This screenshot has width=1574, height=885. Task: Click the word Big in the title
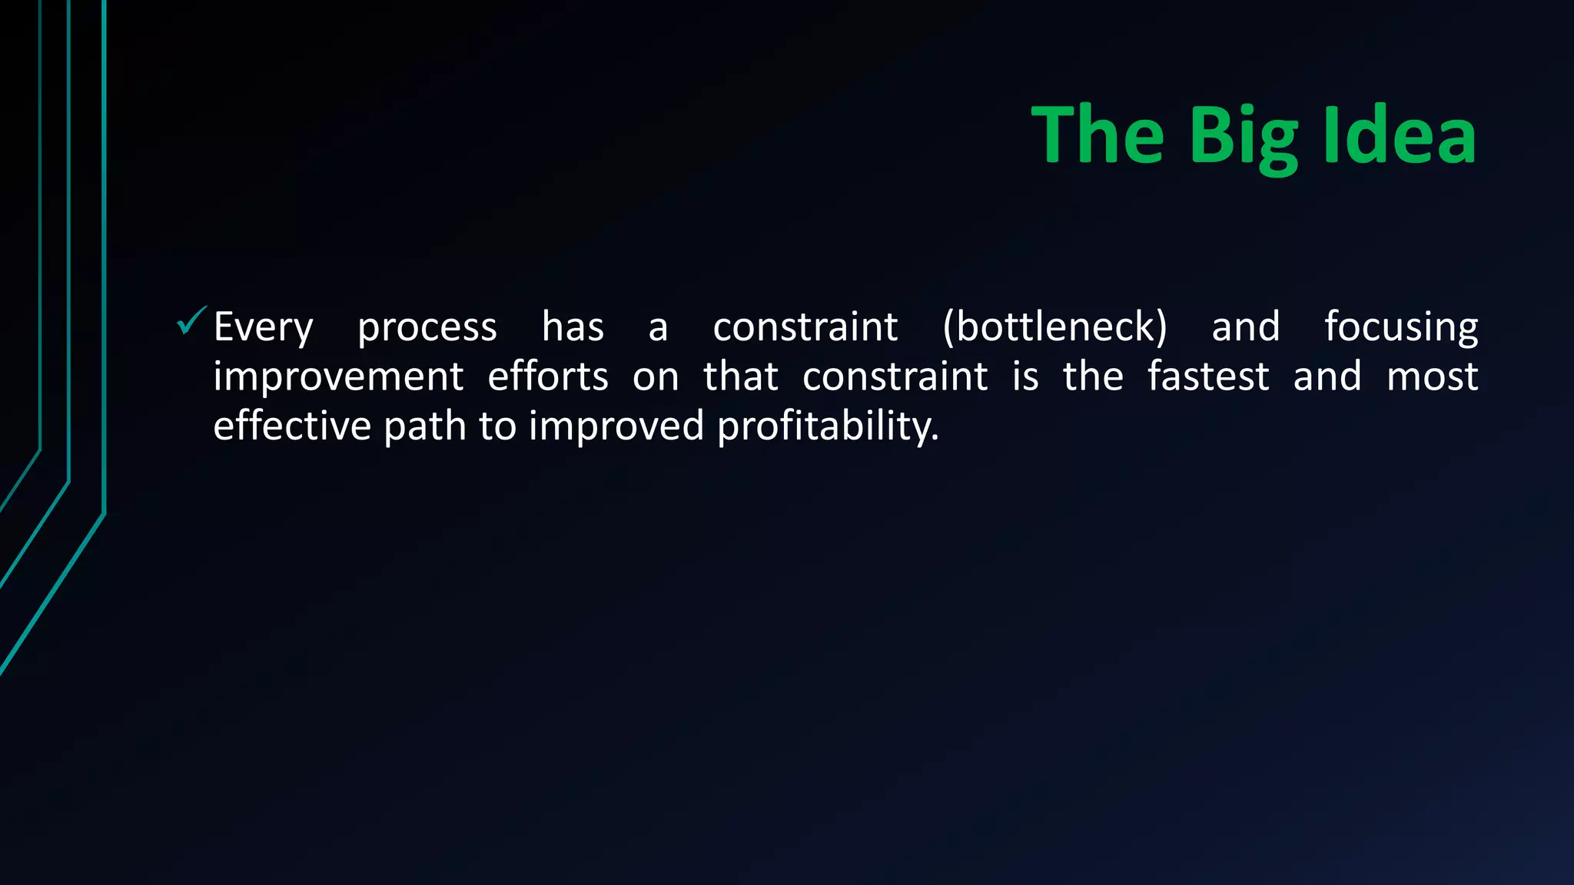pos(1244,137)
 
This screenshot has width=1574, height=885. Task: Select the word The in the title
pos(1097,135)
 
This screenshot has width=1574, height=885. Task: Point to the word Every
pos(263,328)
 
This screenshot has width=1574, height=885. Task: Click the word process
pos(427,328)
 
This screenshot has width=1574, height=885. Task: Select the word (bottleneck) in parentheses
pos(1054,326)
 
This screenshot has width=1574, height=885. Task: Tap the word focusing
pos(1400,328)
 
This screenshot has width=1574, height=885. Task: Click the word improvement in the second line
pos(338,377)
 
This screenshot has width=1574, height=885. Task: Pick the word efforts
pos(547,376)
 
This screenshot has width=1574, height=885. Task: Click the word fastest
pos(1207,376)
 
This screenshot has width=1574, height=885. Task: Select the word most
pos(1432,376)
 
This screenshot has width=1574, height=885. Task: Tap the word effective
pos(291,426)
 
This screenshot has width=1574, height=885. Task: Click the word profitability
pos(827,426)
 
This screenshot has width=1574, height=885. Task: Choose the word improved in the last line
pos(616,426)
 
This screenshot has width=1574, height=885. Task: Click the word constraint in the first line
pos(805,327)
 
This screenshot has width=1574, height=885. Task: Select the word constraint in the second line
pos(895,376)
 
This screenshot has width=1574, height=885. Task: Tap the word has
pos(573,326)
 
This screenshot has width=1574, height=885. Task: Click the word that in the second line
pos(740,376)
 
